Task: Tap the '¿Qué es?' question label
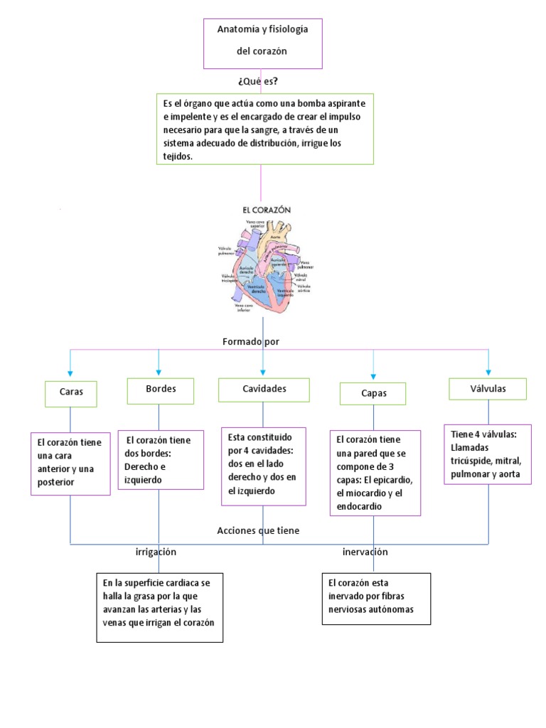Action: (258, 81)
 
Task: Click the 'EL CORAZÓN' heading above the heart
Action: (267, 210)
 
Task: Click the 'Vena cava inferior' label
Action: (235, 307)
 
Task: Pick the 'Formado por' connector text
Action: (250, 342)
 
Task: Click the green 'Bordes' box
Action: (160, 390)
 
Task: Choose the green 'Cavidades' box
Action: (264, 390)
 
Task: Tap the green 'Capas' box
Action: (373, 393)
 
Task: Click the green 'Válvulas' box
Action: (488, 389)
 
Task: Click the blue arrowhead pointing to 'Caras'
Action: (70, 373)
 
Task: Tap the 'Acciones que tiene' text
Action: (258, 530)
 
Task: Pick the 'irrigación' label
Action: (156, 552)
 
